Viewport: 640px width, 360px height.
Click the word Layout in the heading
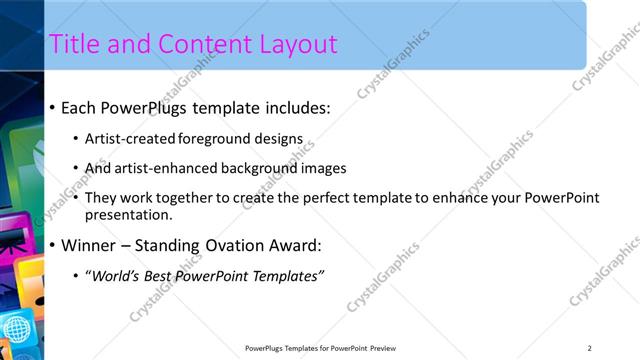click(x=290, y=45)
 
